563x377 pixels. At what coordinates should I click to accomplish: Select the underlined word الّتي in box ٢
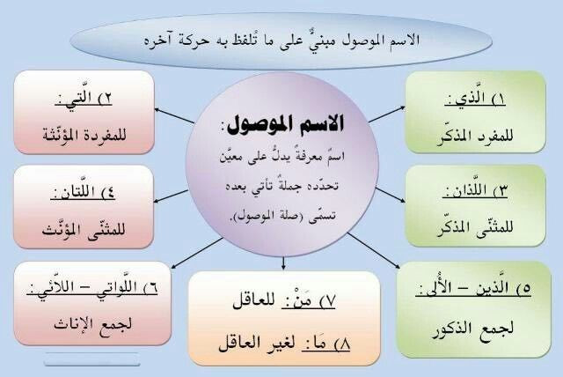(79, 98)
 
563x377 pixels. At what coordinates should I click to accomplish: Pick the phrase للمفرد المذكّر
(475, 137)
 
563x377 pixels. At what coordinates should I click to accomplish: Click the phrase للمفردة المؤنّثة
(84, 135)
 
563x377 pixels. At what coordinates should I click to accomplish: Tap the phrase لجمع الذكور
(473, 329)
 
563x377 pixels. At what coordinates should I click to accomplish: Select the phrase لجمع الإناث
(93, 324)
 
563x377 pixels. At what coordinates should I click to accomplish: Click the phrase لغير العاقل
(257, 343)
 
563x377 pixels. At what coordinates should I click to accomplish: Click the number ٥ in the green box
(527, 289)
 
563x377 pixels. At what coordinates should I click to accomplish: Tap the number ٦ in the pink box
(153, 288)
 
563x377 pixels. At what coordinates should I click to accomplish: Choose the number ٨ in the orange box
(345, 344)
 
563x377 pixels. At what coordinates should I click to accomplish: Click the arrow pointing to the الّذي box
(387, 115)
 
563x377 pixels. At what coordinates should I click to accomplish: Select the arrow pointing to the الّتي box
(174, 115)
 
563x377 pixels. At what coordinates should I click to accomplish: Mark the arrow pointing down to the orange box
(283, 263)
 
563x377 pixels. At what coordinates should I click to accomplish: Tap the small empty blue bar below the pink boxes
(91, 359)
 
